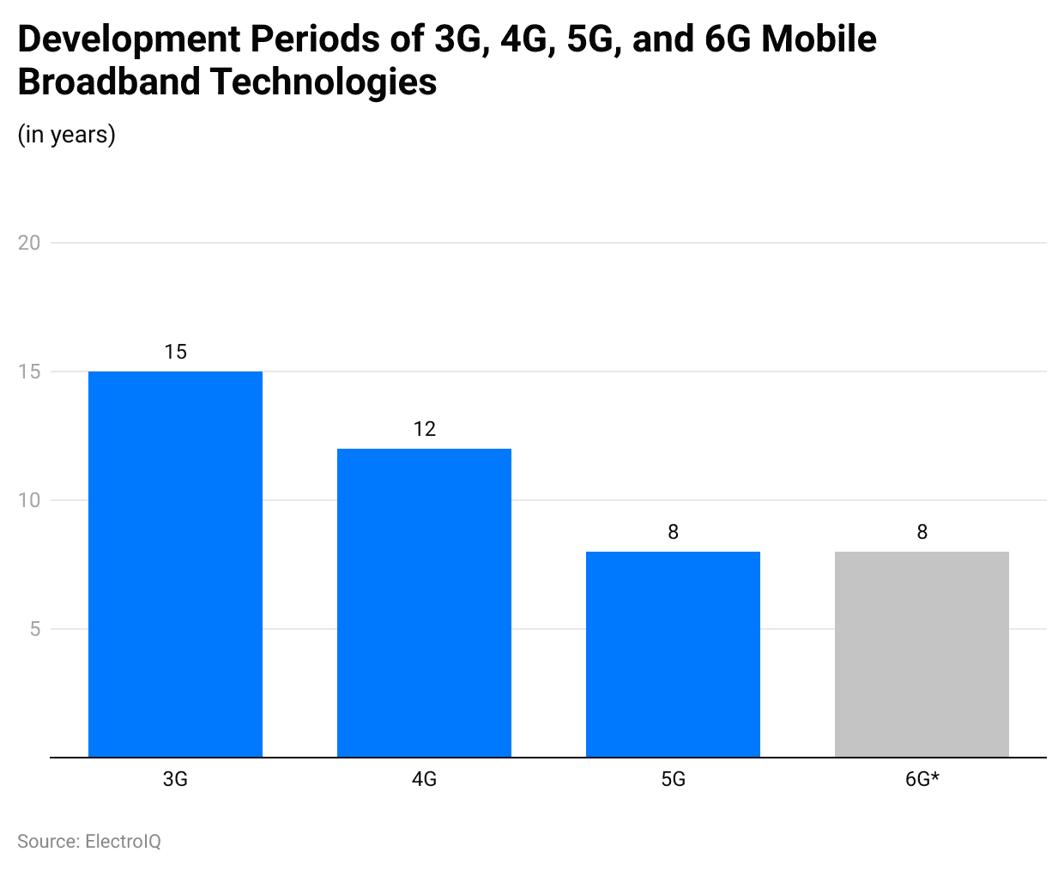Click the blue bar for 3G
coord(175,564)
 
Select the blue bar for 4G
coord(424,602)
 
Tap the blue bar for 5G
coord(673,654)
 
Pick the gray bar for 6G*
coord(922,654)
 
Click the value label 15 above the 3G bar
coord(175,352)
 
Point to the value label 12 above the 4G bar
coord(424,429)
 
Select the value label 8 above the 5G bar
coord(673,532)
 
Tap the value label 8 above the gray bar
coord(922,532)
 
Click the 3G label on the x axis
coord(175,779)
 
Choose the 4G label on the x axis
coord(424,779)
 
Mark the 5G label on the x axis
coord(673,779)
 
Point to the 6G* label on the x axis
coord(922,779)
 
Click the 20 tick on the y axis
coord(29,243)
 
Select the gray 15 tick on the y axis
coord(29,372)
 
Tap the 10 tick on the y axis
coord(29,500)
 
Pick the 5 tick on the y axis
coord(34,629)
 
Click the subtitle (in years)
coord(66,135)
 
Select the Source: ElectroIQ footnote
coord(89,841)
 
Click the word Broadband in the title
coord(108,82)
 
